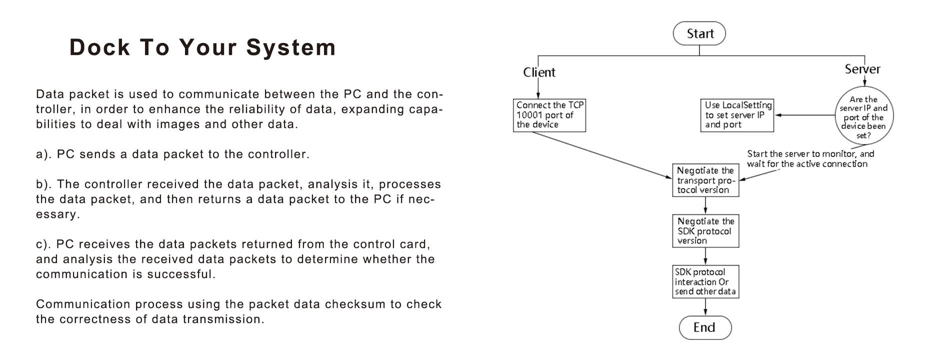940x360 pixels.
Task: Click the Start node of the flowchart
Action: [699, 33]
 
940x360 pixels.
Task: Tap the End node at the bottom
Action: [705, 327]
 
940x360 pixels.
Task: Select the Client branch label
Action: [539, 72]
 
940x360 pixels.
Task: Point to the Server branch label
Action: [862, 69]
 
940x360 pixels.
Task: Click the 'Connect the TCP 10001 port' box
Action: [549, 115]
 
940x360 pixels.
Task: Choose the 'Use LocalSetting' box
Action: [737, 115]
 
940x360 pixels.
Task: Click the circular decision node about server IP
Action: [864, 117]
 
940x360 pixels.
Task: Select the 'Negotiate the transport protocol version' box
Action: [705, 180]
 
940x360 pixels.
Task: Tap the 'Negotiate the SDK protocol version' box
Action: [705, 231]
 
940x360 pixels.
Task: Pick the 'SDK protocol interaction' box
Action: [705, 281]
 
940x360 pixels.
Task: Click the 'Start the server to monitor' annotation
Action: [810, 158]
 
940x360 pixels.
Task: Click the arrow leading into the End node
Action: [705, 307]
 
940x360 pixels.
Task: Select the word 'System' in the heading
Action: [291, 47]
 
